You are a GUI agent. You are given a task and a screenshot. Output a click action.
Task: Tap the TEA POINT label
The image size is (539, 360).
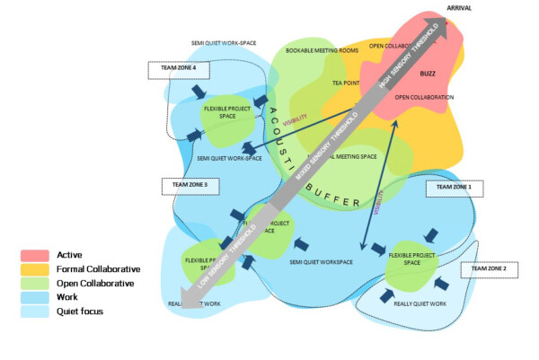(346, 82)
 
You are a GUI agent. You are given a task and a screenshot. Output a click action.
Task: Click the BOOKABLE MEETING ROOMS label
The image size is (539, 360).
(322, 50)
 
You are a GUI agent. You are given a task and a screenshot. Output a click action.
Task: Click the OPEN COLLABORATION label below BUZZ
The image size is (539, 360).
(424, 97)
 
